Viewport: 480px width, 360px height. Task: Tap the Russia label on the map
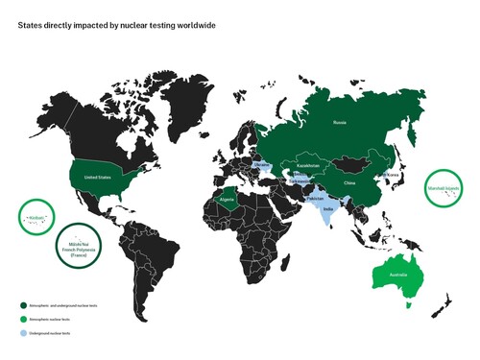pyautogui.click(x=339, y=123)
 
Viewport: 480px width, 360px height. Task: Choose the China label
pyautogui.click(x=348, y=181)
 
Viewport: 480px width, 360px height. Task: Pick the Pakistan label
pyautogui.click(x=311, y=198)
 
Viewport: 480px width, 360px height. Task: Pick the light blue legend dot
pyautogui.click(x=20, y=332)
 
